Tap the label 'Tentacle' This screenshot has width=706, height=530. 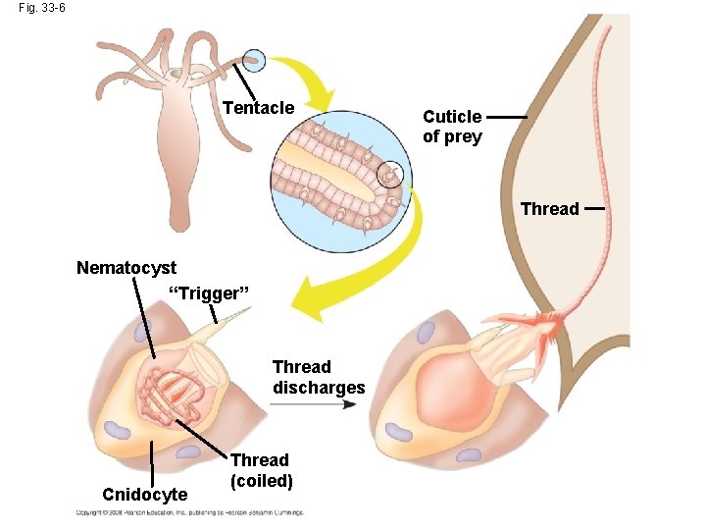click(x=259, y=107)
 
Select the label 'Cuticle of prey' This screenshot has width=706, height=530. click(x=452, y=127)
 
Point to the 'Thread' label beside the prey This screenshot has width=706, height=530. click(x=549, y=208)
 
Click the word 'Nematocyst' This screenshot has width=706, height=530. click(x=126, y=267)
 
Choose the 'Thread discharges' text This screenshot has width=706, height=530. click(x=319, y=377)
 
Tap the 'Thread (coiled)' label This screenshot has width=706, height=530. click(x=262, y=470)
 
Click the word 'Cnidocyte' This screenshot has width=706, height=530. click(x=144, y=495)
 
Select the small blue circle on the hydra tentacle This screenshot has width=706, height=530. click(x=254, y=61)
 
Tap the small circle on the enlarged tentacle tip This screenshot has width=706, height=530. click(x=390, y=174)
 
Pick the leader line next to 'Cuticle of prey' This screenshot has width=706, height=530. click(x=506, y=117)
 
